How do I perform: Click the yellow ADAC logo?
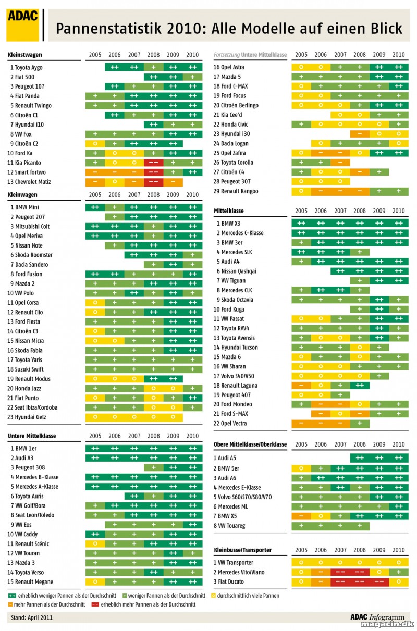tap(22, 25)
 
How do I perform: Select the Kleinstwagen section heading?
tap(25, 55)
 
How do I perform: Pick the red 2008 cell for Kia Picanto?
tap(154, 163)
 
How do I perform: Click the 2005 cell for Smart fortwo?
tap(95, 172)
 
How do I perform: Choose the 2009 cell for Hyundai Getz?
tap(173, 417)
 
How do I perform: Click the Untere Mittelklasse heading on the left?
tap(32, 436)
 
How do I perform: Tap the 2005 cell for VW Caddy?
tap(95, 534)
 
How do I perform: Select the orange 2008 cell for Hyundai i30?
tap(360, 134)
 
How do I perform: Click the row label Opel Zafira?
tap(234, 153)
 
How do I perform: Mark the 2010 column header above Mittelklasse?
tap(399, 211)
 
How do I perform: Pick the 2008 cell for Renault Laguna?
tap(360, 386)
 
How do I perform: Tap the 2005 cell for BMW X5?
tap(301, 516)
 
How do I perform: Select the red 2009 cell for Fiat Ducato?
tap(379, 581)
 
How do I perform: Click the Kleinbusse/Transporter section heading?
tap(242, 550)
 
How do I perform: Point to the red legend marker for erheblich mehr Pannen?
tap(95, 604)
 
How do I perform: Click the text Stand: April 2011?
tap(32, 618)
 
